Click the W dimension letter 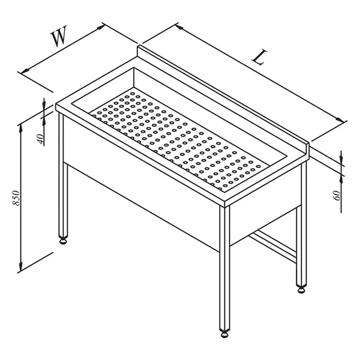click(58, 35)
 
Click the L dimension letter click(259, 57)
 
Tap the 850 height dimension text click(16, 197)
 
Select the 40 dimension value click(40, 139)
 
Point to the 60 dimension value click(337, 196)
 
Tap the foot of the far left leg click(63, 241)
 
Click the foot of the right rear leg click(301, 290)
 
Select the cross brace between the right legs click(273, 246)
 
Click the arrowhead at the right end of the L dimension click(340, 119)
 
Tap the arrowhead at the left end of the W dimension click(25, 71)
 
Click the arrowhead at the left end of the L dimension click(179, 28)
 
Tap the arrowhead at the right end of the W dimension click(100, 28)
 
